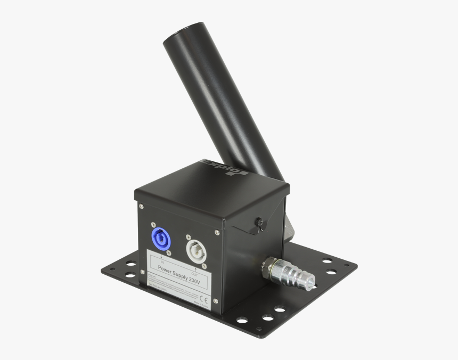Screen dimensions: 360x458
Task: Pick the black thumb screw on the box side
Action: click(259, 223)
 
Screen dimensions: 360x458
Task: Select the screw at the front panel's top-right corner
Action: click(217, 232)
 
